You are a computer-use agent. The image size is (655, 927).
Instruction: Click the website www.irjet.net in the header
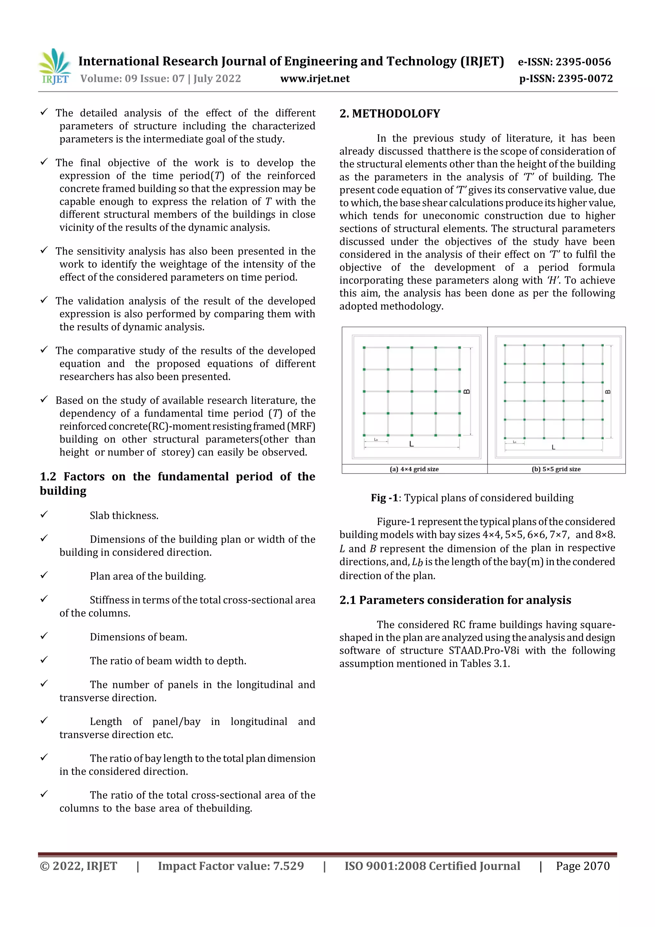click(x=314, y=79)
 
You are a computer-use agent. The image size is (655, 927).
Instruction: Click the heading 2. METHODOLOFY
click(x=390, y=114)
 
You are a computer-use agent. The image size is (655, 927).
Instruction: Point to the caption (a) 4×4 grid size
click(x=414, y=469)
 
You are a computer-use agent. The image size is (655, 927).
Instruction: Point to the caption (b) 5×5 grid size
click(x=556, y=469)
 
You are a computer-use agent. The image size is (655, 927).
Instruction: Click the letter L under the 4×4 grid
click(x=411, y=444)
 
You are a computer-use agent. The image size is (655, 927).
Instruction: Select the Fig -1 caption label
click(x=384, y=498)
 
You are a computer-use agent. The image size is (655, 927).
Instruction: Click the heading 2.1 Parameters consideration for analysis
click(x=455, y=600)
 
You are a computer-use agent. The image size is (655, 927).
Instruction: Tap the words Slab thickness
click(x=124, y=515)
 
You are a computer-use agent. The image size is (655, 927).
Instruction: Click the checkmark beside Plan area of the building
click(x=44, y=575)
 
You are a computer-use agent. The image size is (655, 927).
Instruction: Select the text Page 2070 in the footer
click(x=582, y=866)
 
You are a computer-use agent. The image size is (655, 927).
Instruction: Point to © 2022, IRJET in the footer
click(x=78, y=866)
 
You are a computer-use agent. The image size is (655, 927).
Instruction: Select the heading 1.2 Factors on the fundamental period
click(x=177, y=477)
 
